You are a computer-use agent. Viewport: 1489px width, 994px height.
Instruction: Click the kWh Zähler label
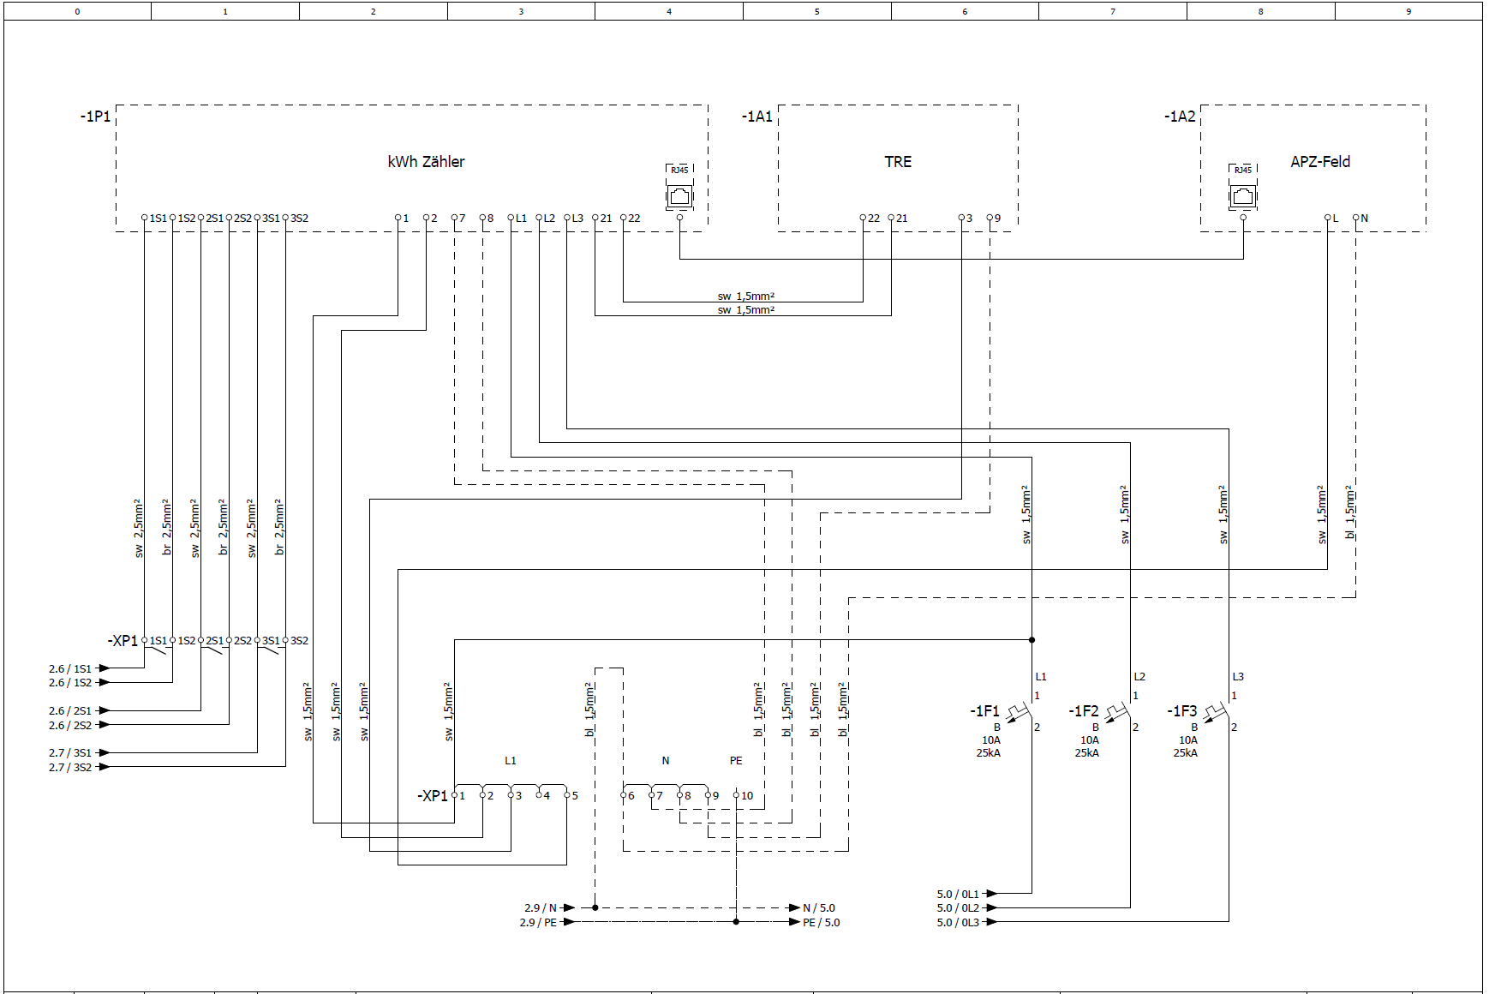[426, 162]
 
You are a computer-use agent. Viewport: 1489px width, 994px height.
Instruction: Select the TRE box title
[898, 162]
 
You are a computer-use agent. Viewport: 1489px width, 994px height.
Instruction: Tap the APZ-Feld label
[1320, 162]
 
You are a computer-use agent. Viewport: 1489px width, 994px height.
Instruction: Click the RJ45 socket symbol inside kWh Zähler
[679, 195]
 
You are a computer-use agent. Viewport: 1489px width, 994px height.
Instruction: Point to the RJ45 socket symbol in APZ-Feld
[1243, 195]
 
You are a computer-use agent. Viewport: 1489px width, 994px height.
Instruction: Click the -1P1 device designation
[95, 117]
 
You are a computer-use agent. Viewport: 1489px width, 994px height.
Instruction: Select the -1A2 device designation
[1180, 117]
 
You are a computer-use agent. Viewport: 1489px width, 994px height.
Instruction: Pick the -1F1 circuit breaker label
[984, 711]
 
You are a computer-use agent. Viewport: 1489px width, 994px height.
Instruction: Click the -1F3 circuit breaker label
[1181, 711]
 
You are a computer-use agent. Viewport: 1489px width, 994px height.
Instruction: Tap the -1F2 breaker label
[1083, 711]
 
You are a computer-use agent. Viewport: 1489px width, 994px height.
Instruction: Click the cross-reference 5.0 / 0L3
[958, 923]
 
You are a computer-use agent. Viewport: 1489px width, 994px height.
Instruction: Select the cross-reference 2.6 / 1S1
[70, 669]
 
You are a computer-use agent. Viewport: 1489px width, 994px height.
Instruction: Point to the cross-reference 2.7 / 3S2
[70, 768]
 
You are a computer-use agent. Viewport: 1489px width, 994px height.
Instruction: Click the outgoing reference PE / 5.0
[821, 923]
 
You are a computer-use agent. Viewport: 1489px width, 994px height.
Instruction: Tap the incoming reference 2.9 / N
[541, 908]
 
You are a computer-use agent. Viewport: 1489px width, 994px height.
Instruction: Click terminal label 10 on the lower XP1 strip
[747, 796]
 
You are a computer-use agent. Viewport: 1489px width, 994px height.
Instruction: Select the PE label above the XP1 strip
[736, 761]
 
